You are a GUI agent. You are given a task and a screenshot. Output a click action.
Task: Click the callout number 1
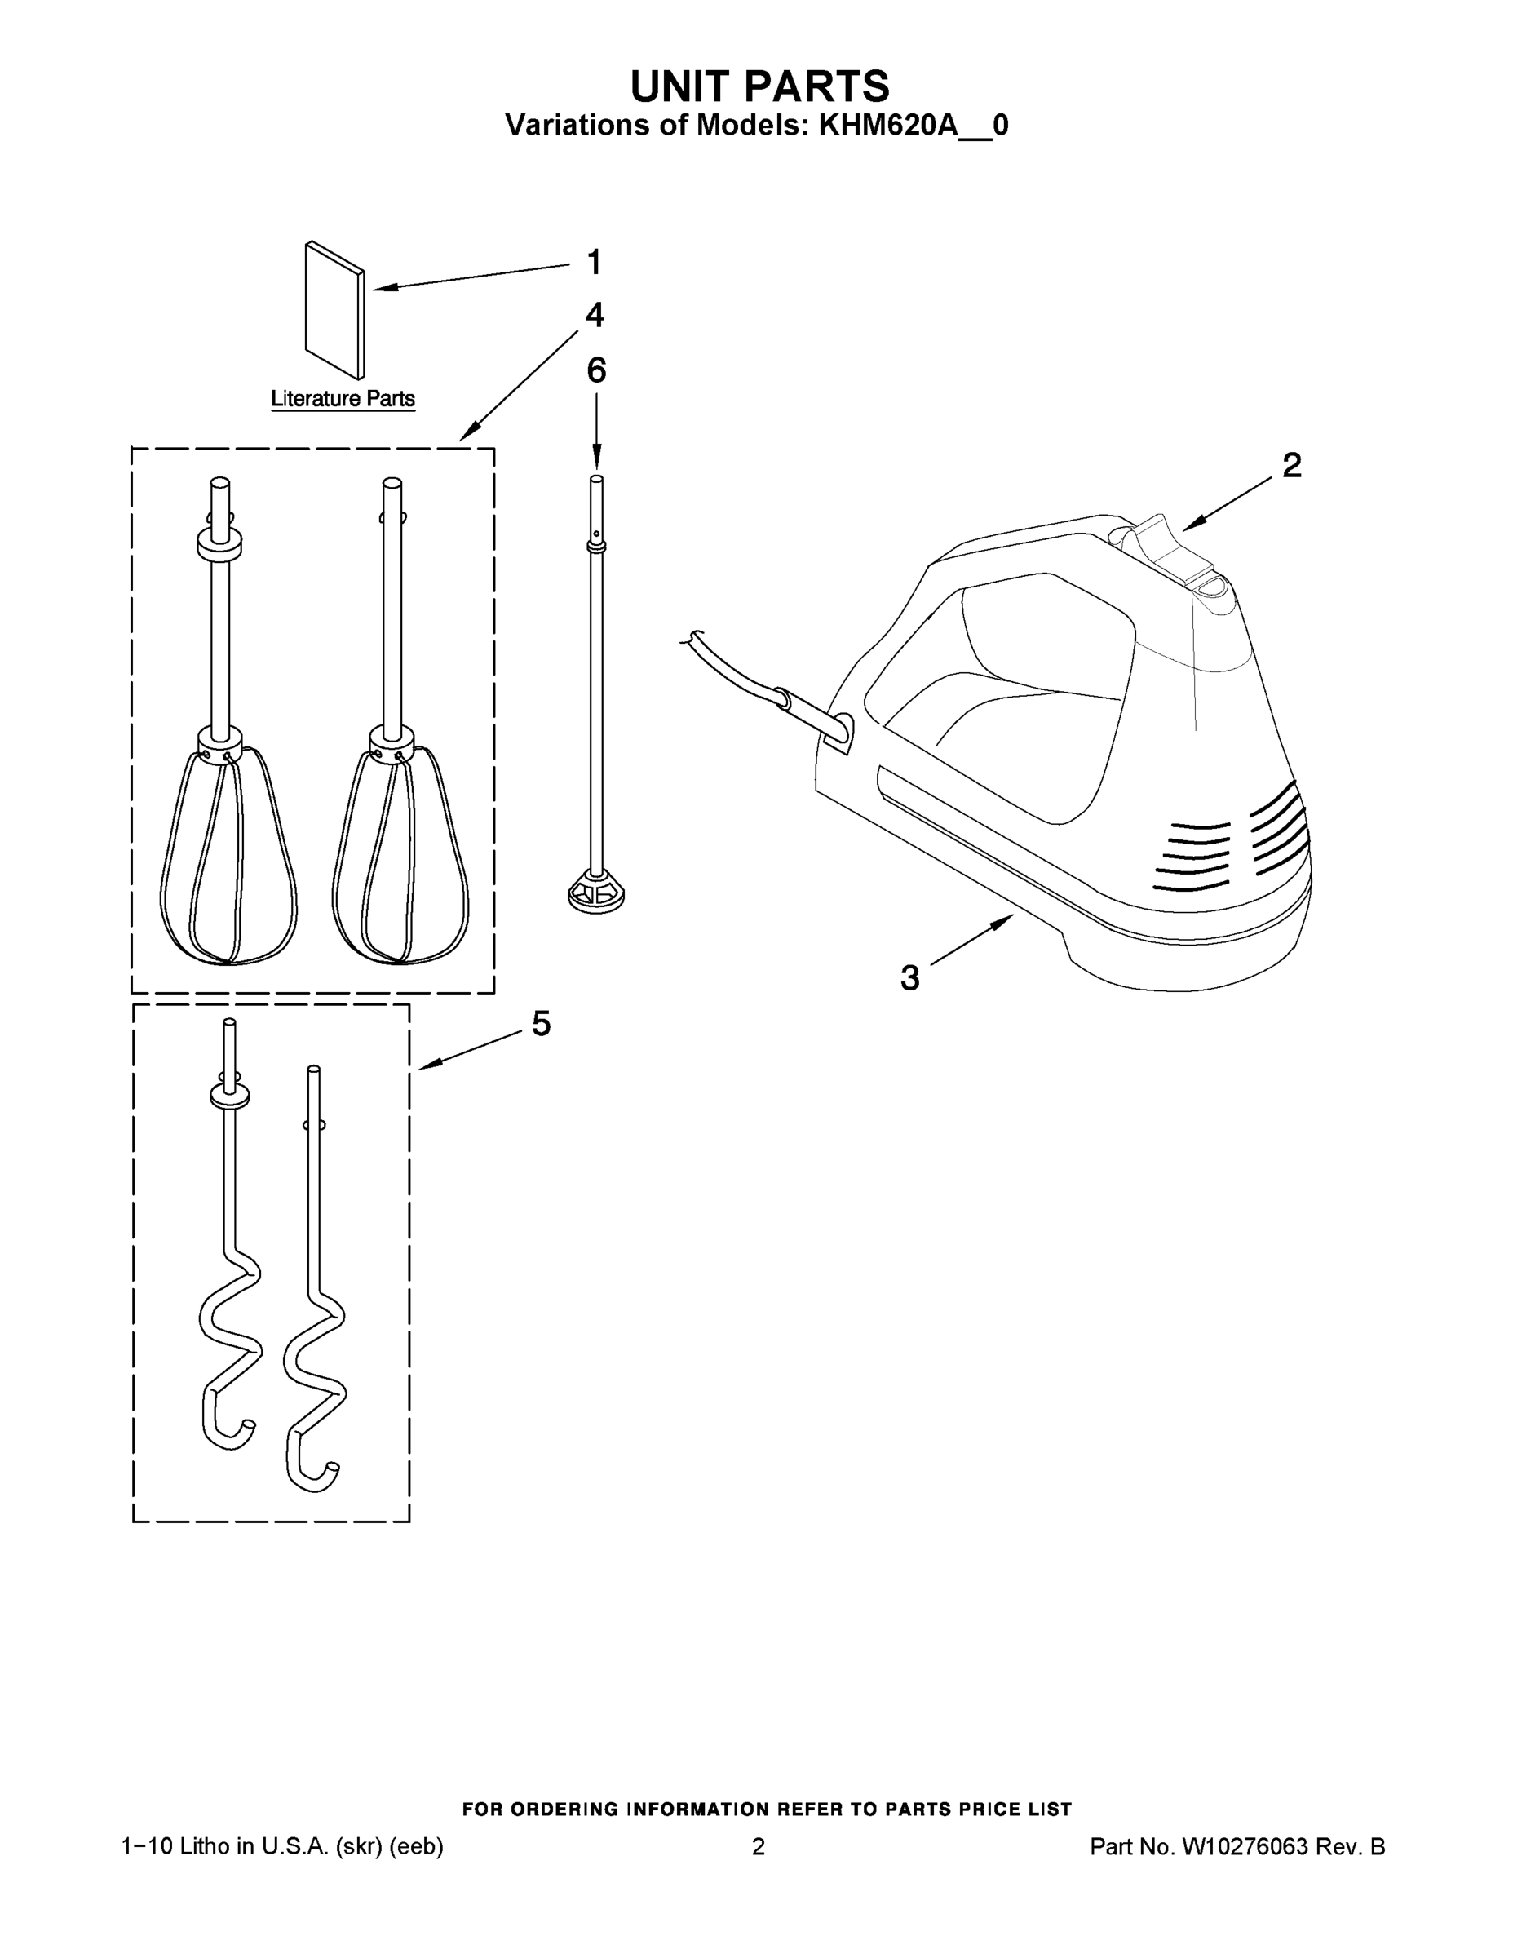pyautogui.click(x=593, y=263)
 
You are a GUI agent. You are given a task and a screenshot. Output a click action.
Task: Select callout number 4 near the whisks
pyautogui.click(x=595, y=315)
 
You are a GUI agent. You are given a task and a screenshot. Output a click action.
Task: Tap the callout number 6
pyautogui.click(x=596, y=370)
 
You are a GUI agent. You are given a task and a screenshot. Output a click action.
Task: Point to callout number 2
pyautogui.click(x=1292, y=464)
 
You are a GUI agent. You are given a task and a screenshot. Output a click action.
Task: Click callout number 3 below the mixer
pyautogui.click(x=909, y=978)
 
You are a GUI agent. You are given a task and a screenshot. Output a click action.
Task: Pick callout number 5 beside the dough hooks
pyautogui.click(x=541, y=1023)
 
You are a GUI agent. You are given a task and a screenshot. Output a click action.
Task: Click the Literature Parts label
pyautogui.click(x=343, y=398)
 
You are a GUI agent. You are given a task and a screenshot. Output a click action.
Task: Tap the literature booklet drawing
pyautogui.click(x=335, y=310)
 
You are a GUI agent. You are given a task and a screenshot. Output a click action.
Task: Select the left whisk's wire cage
pyautogui.click(x=228, y=856)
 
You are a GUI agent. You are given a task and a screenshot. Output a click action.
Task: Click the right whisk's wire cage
pyautogui.click(x=400, y=856)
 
